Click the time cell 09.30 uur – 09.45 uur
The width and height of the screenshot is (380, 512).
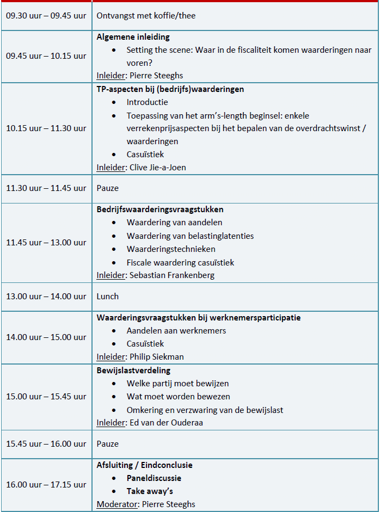point(46,16)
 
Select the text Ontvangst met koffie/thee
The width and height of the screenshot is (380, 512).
point(146,16)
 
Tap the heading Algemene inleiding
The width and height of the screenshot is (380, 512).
point(133,37)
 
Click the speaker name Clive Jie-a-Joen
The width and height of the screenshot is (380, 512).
point(157,167)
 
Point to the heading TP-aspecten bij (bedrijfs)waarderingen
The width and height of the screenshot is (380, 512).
point(170,89)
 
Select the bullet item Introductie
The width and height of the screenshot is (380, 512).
point(147,102)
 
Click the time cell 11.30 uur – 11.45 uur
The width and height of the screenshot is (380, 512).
point(46,188)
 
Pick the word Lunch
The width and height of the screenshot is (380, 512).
point(107,297)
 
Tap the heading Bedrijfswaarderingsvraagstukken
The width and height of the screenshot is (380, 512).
point(160,209)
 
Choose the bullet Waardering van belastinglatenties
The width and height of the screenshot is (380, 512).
point(190,236)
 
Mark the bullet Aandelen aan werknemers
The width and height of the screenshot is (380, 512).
point(176,330)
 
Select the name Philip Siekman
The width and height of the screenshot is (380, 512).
point(157,357)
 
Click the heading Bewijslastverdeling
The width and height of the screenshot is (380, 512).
point(133,370)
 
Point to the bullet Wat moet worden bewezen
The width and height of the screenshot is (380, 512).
point(178,397)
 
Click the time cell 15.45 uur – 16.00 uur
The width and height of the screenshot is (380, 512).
point(46,443)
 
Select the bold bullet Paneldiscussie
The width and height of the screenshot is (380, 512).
point(154,478)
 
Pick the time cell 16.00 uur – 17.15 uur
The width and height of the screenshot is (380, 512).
point(46,484)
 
